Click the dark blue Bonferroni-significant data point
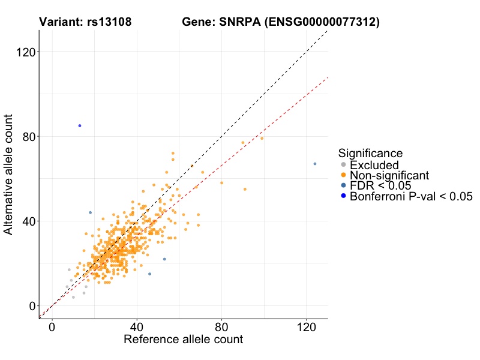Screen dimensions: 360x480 coord(80,125)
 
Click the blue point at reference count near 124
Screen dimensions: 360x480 coord(315,164)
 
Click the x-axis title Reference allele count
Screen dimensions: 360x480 coord(183,340)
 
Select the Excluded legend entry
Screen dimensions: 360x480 coord(374,165)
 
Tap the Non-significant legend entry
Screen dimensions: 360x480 coord(389,175)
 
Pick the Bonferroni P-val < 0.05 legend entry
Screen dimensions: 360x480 coord(412,196)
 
